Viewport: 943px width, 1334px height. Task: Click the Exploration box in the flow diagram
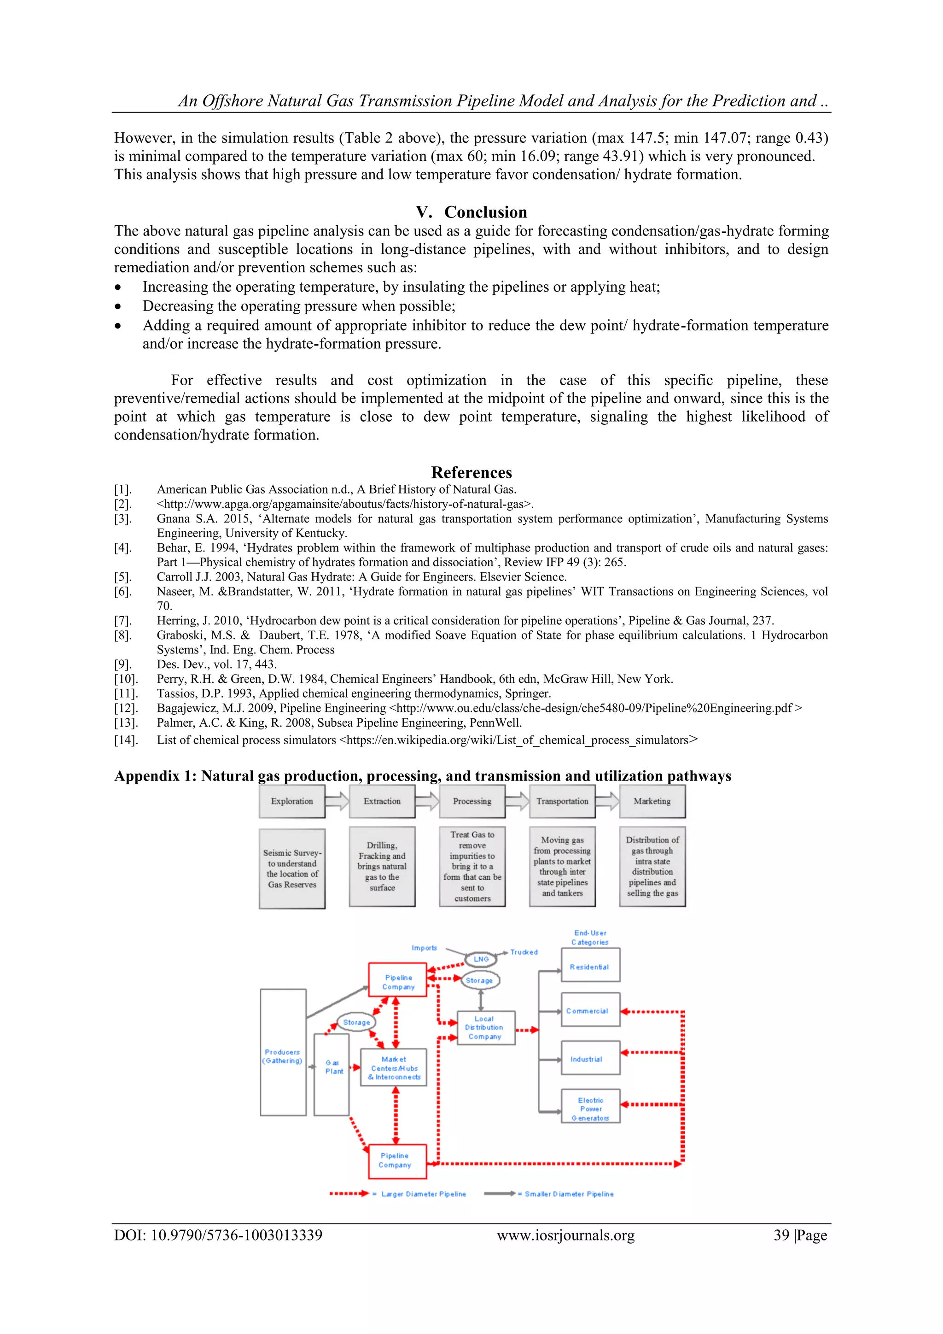[291, 801]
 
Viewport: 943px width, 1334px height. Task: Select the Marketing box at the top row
[652, 801]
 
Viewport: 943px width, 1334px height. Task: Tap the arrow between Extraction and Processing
[427, 801]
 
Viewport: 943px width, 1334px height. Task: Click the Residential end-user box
[590, 966]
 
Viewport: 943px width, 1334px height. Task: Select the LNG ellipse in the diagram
[481, 958]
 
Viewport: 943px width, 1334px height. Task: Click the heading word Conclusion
[485, 212]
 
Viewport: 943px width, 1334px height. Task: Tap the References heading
[471, 472]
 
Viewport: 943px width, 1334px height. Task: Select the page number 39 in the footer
[781, 1234]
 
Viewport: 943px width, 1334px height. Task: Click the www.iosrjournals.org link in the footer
[565, 1234]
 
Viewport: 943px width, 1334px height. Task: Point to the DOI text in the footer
[218, 1234]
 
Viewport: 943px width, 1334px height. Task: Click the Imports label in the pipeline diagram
[424, 948]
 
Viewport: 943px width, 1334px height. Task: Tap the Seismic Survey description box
[291, 869]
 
